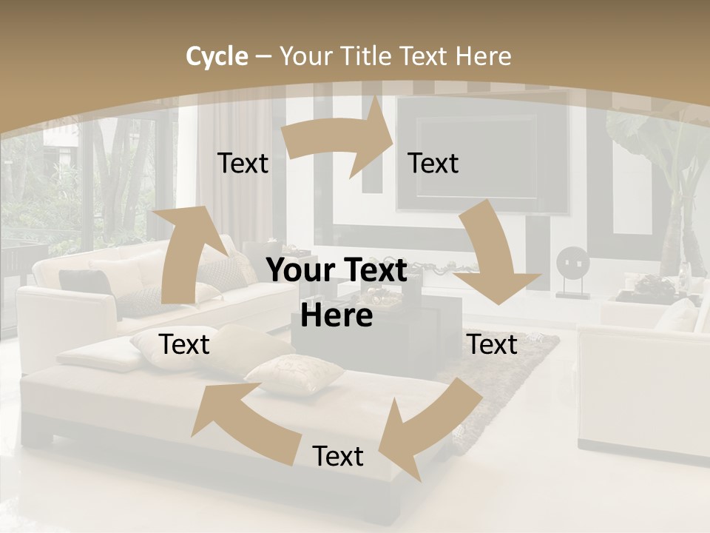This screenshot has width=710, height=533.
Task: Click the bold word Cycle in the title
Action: (217, 56)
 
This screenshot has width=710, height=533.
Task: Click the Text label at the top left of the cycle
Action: (243, 164)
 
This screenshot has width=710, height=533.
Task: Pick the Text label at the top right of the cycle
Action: (433, 164)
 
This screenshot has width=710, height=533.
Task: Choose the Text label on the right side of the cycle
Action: (493, 345)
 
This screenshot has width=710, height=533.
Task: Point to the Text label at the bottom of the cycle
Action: (338, 457)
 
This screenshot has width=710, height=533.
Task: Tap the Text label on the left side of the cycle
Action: (184, 345)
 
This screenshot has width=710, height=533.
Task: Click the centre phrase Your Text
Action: (337, 271)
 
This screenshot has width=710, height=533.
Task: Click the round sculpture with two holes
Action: (572, 264)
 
